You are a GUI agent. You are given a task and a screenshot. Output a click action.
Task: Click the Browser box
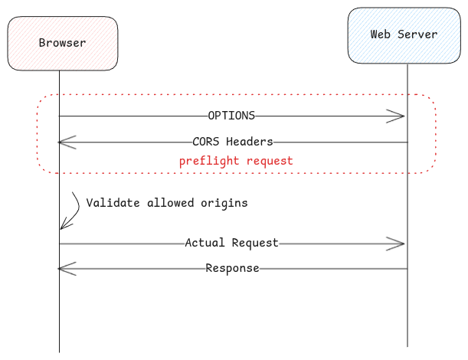[x=63, y=43]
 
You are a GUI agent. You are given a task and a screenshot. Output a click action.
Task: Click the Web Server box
[x=404, y=35]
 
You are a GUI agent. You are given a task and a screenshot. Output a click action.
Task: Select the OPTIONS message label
[x=231, y=116]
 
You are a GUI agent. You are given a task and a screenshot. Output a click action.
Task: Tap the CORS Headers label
[x=233, y=142]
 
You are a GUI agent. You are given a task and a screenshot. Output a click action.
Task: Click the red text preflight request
[x=236, y=162]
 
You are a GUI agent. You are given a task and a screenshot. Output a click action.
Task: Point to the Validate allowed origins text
[x=167, y=203]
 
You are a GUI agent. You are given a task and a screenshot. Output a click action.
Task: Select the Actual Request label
[x=232, y=243]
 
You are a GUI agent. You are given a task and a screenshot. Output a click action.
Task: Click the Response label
[x=232, y=268]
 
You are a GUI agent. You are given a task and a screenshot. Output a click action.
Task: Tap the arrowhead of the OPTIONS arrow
[x=398, y=116]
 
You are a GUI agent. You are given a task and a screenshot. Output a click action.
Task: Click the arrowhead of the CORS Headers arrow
[x=64, y=142]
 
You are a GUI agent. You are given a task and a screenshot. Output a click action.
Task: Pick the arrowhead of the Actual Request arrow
[x=398, y=244]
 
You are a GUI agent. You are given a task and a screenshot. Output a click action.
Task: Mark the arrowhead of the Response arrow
[x=64, y=268]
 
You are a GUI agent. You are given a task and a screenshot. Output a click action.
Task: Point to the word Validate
[x=111, y=203]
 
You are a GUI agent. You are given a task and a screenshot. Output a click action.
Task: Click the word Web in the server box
[x=381, y=34]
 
